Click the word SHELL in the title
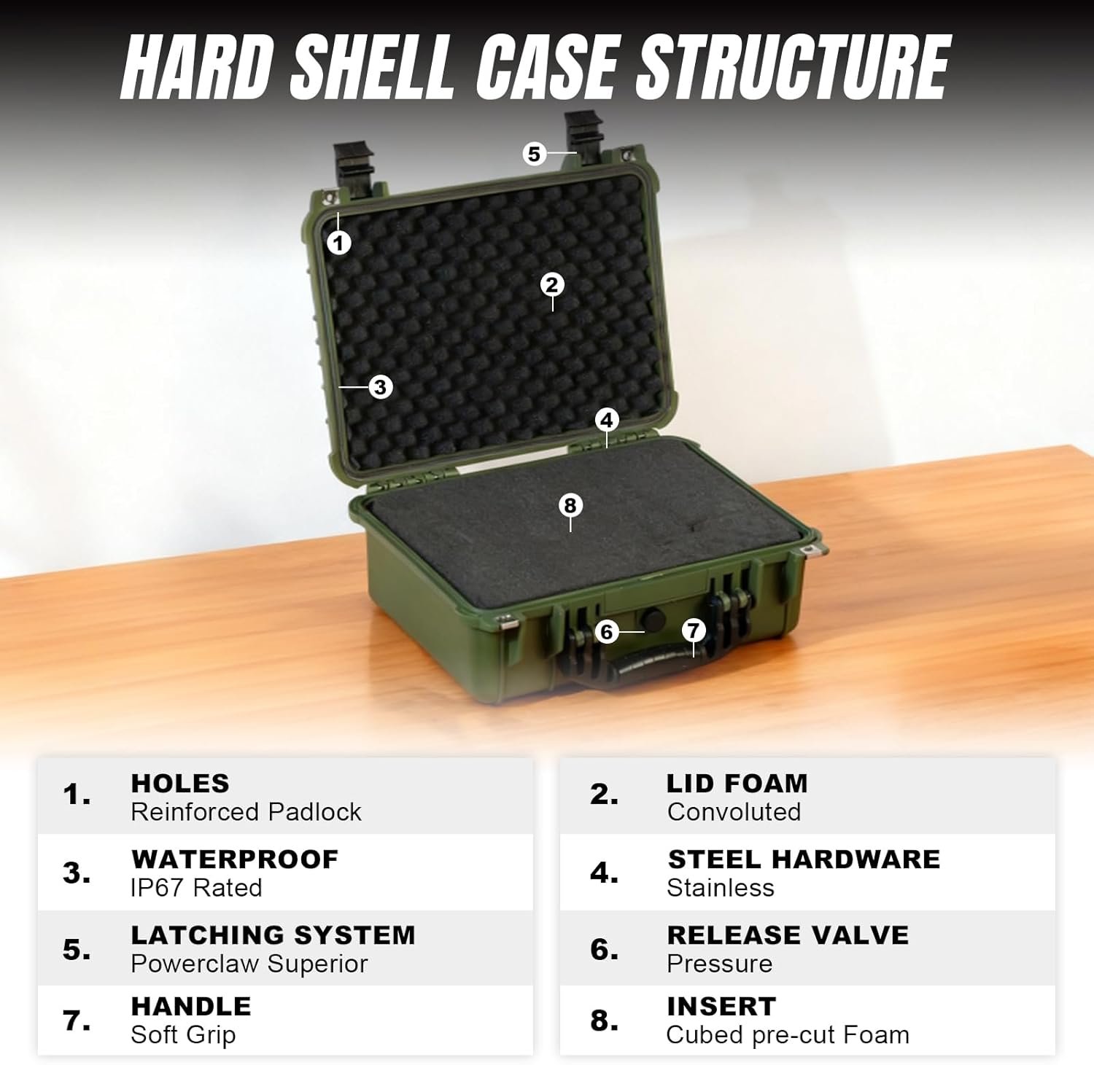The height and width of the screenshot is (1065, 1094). click(x=373, y=67)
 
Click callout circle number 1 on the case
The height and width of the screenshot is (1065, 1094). click(x=338, y=242)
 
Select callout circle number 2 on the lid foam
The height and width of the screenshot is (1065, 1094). click(x=552, y=284)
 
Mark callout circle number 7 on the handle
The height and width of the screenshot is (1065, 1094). click(x=694, y=630)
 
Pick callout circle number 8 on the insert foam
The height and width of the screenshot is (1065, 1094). click(x=570, y=505)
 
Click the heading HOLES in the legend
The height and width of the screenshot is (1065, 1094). click(x=180, y=783)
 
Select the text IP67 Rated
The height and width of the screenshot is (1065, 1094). click(x=196, y=888)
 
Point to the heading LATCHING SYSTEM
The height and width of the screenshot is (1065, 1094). click(x=273, y=935)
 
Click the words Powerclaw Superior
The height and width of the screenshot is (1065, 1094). click(x=249, y=964)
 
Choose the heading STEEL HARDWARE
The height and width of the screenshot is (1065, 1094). click(x=804, y=859)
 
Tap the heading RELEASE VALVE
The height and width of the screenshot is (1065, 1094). click(x=788, y=935)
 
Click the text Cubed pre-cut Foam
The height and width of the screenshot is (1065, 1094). click(x=788, y=1034)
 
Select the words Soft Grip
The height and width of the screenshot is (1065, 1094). click(x=183, y=1034)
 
